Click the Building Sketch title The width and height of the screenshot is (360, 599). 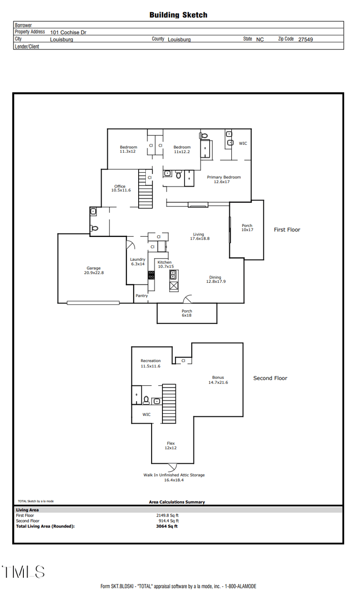click(x=178, y=15)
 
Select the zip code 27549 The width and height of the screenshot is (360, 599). click(x=305, y=40)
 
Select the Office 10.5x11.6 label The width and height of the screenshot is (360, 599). click(x=121, y=188)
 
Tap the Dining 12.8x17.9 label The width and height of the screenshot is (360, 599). click(x=215, y=279)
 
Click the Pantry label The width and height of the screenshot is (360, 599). click(x=141, y=295)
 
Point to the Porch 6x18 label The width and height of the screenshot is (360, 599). click(x=187, y=313)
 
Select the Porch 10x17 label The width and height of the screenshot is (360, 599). click(x=247, y=228)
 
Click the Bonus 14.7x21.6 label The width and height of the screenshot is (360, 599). click(x=218, y=380)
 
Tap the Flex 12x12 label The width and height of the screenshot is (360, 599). click(x=171, y=446)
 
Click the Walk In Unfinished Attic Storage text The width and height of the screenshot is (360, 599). click(x=174, y=475)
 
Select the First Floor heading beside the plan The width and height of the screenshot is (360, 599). click(x=287, y=230)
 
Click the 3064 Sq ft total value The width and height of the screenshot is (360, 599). click(x=167, y=526)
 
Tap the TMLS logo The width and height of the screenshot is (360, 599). click(x=23, y=572)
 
